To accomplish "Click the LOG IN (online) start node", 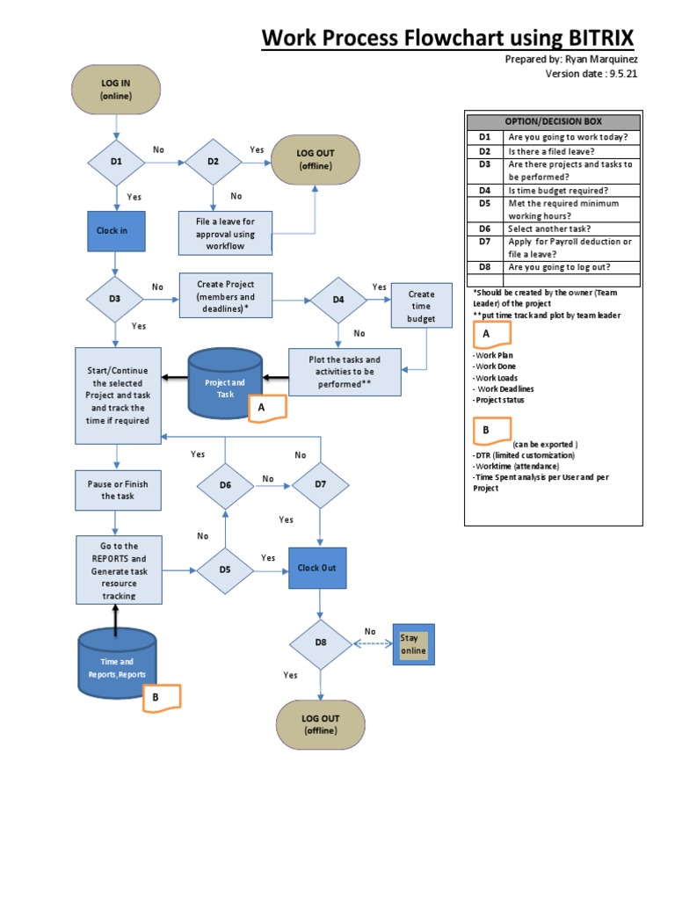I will tap(115, 91).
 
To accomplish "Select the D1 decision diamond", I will tap(115, 162).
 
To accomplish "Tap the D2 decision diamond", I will tap(213, 162).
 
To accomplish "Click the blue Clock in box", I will tap(115, 230).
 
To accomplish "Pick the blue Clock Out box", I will tap(317, 568).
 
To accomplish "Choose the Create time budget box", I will tap(421, 307).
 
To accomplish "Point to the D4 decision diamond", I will tap(338, 300).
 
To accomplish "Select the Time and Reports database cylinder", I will tap(117, 665).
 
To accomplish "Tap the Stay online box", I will tap(413, 645).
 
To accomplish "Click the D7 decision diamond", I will tap(320, 484).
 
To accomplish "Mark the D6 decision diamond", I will tap(225, 484).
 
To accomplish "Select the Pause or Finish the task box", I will tap(118, 490).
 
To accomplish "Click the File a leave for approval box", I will tap(224, 234).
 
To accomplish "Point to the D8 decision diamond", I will tap(321, 643).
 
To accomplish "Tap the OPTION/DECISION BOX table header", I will tap(554, 121).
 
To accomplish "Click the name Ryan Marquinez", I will tap(596, 60).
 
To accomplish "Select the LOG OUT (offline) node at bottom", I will tap(321, 724).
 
